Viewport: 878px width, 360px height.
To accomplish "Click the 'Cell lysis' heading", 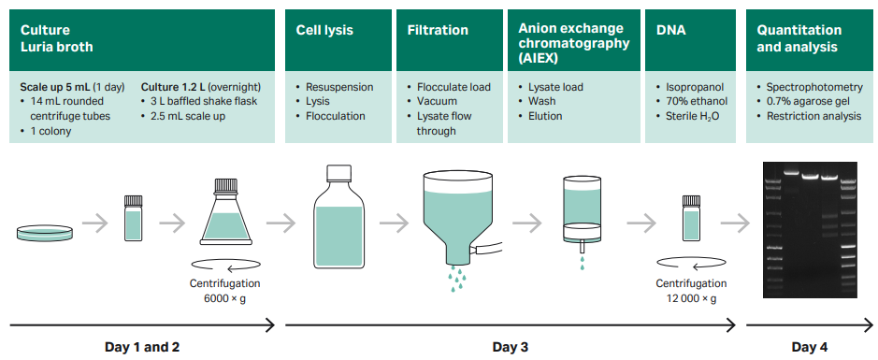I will [324, 30].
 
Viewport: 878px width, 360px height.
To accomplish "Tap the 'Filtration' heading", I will [438, 30].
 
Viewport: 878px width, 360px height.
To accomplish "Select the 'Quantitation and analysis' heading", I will [797, 38].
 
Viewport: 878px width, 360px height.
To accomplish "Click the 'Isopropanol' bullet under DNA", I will [696, 87].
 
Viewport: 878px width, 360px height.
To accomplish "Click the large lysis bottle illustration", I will [338, 223].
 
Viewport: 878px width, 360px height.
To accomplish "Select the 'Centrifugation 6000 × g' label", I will [224, 291].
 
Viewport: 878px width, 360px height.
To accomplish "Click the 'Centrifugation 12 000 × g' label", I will [691, 291].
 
